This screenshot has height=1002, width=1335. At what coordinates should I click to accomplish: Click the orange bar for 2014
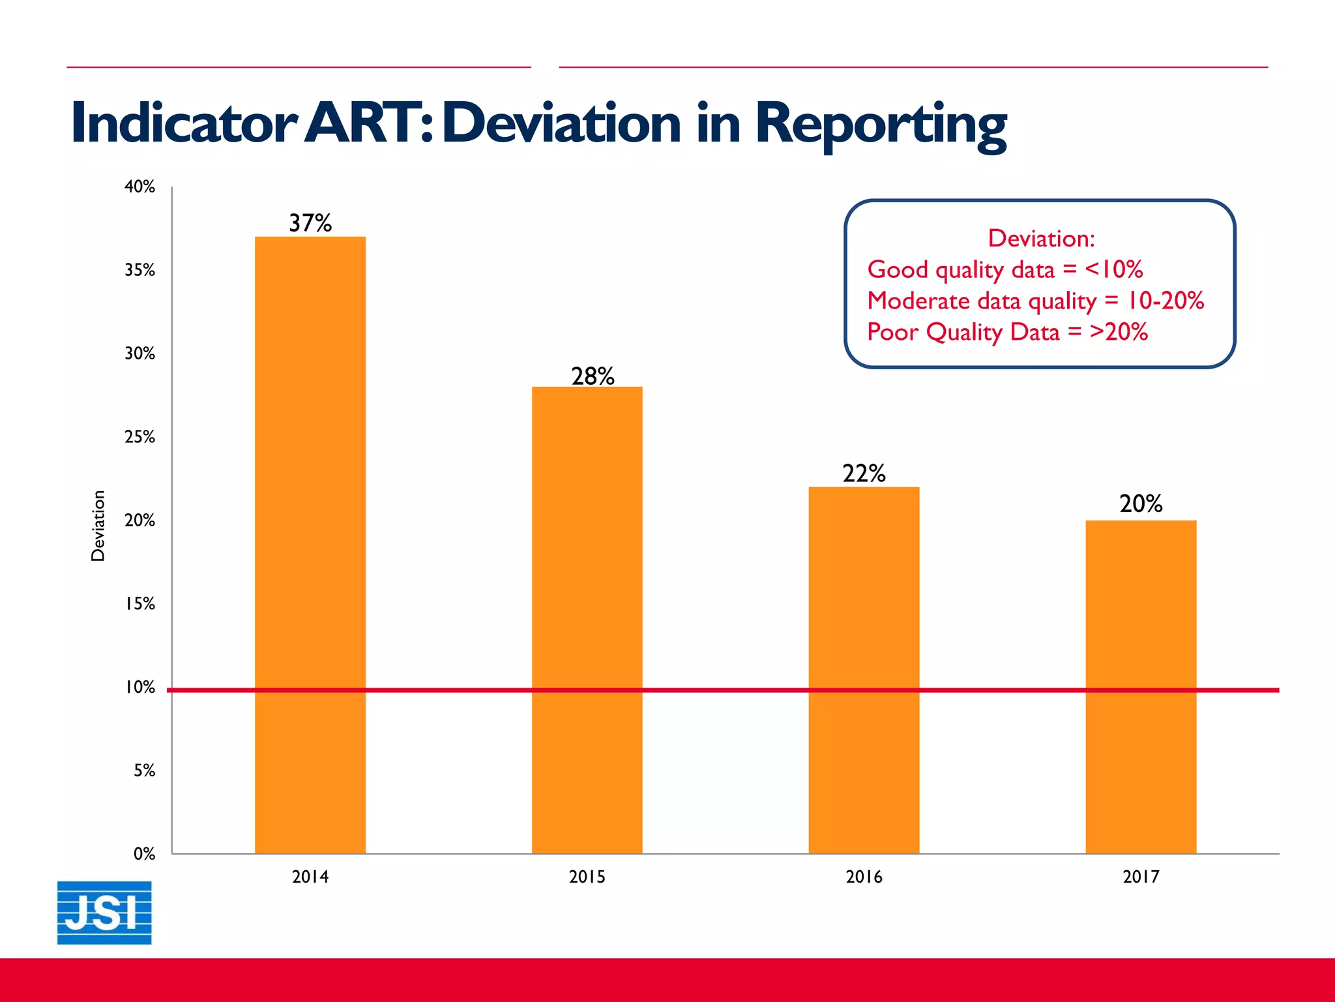click(x=310, y=545)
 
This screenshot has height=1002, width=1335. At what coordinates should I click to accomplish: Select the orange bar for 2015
click(x=587, y=620)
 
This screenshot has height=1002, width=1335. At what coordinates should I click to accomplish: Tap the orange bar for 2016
click(x=864, y=670)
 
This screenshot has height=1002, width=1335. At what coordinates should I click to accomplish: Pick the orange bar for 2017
click(x=1141, y=686)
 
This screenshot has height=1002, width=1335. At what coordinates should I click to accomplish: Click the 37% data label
click(x=310, y=223)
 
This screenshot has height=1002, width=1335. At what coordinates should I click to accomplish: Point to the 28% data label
click(x=593, y=376)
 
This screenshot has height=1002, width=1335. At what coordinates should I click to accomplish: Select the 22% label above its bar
click(x=864, y=473)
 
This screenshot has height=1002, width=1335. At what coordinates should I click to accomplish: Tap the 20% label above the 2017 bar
click(x=1141, y=504)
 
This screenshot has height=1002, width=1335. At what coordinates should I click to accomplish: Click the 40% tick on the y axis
click(x=139, y=187)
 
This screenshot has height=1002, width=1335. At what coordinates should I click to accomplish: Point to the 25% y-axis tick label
click(x=139, y=437)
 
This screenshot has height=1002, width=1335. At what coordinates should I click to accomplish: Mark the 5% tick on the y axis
click(x=144, y=770)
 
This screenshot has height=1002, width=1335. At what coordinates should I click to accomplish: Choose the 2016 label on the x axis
click(x=864, y=877)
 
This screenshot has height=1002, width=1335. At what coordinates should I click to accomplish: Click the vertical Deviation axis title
click(x=98, y=526)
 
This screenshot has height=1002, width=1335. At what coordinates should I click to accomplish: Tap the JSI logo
click(x=104, y=913)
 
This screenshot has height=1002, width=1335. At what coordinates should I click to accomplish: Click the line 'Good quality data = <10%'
click(x=1005, y=269)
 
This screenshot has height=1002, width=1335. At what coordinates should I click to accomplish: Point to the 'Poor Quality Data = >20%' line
click(x=1006, y=332)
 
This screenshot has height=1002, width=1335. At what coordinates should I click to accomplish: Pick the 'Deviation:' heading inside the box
click(x=1041, y=238)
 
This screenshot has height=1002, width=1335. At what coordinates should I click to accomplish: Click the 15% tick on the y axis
click(x=139, y=604)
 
